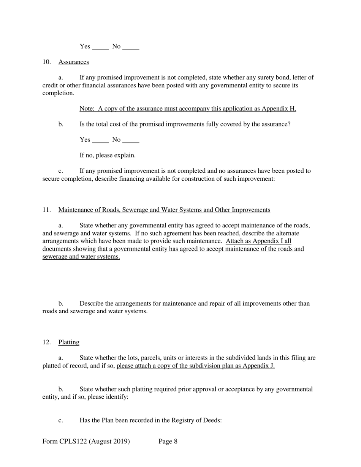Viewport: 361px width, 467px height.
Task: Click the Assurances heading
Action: pyautogui.click(x=73, y=62)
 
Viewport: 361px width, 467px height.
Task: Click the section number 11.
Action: pyautogui.click(x=46, y=210)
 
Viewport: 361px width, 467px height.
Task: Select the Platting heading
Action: pyautogui.click(x=69, y=342)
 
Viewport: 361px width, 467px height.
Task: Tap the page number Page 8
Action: pyautogui.click(x=168, y=442)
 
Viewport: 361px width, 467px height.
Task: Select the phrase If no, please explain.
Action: pyautogui.click(x=108, y=155)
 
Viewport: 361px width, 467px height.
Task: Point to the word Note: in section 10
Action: pyautogui.click(x=87, y=109)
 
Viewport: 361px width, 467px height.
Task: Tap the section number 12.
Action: pyautogui.click(x=46, y=342)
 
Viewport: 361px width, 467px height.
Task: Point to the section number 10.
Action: pyautogui.click(x=46, y=62)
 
